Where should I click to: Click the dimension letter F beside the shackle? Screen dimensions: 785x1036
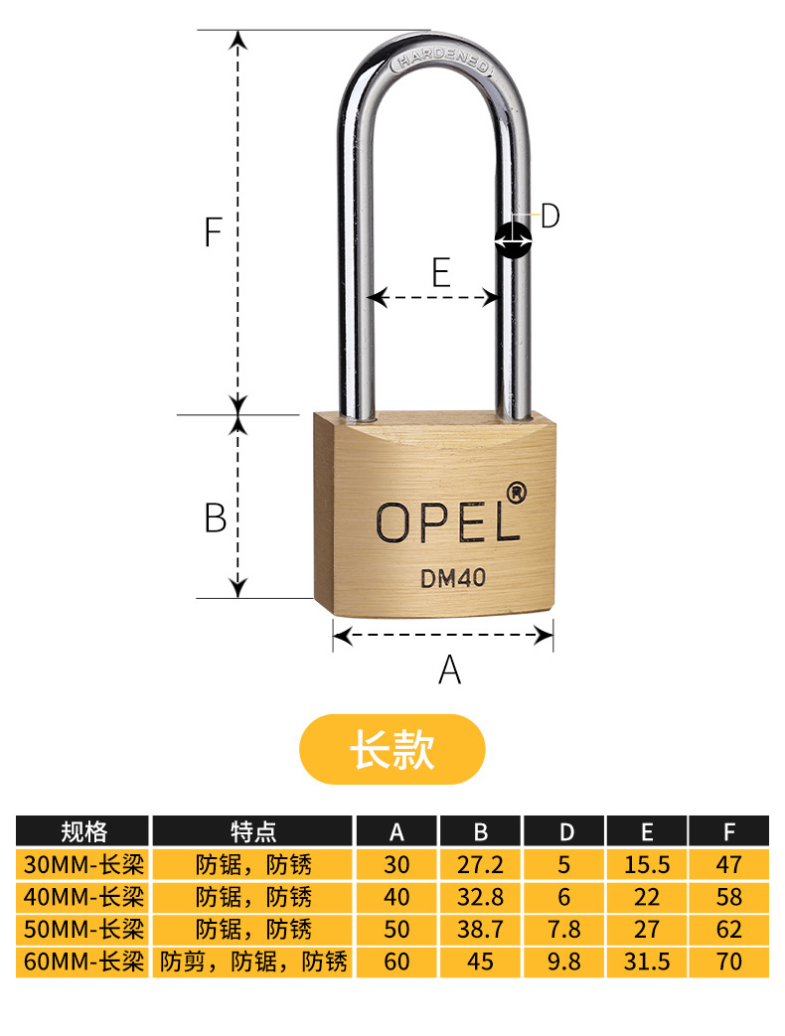click(212, 231)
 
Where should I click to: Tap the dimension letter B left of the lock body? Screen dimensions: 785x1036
click(216, 518)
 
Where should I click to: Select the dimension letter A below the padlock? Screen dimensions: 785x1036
click(450, 669)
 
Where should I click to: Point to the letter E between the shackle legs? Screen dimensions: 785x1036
click(441, 272)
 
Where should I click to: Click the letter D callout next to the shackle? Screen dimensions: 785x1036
click(549, 217)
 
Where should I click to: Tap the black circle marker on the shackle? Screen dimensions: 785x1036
click(514, 239)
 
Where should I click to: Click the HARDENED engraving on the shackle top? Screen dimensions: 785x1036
click(441, 62)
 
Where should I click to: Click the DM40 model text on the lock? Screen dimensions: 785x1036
click(453, 579)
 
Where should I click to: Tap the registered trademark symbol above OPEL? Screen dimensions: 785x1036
click(516, 493)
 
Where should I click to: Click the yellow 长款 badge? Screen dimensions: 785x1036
click(392, 749)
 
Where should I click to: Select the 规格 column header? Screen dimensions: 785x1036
click(83, 831)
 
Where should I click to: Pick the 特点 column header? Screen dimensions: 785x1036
click(253, 831)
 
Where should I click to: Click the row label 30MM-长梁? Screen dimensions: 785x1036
click(83, 864)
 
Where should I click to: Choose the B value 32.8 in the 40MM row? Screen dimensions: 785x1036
click(480, 897)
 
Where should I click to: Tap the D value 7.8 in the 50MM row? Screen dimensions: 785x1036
click(563, 929)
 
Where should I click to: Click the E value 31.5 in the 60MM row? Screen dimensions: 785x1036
click(647, 962)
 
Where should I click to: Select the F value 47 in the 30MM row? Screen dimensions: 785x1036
click(728, 864)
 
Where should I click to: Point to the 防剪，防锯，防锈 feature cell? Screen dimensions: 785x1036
click(253, 962)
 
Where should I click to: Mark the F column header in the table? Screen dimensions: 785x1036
click(729, 831)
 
